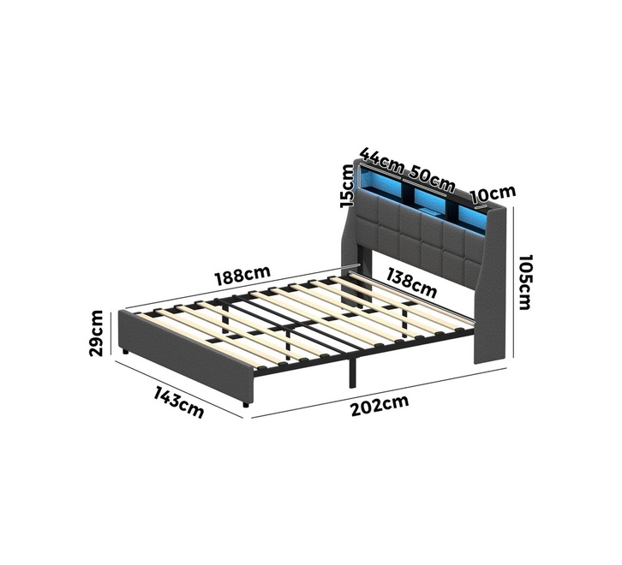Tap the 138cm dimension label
[x=412, y=282]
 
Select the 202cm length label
[x=380, y=405]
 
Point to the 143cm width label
[x=179, y=401]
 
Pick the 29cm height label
[x=97, y=333]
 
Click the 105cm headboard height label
[x=524, y=282]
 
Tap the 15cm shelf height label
[x=347, y=186]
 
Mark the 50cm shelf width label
[x=432, y=178]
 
